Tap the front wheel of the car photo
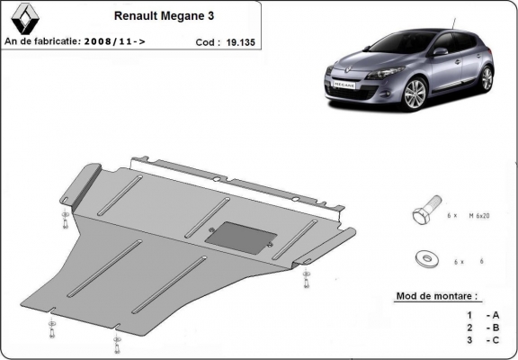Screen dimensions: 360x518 coord(415,94)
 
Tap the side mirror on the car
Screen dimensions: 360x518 coord(441,51)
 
